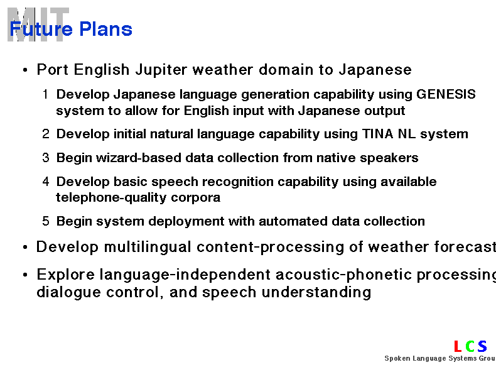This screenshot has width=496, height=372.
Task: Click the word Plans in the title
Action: pos(105,29)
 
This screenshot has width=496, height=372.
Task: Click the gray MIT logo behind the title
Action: pos(38,25)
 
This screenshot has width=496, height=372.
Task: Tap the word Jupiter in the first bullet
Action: pos(161,70)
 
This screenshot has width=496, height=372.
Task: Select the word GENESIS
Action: pos(446,94)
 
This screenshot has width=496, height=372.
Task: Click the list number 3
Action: pos(46,158)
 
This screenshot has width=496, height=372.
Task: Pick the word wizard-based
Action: pos(139,158)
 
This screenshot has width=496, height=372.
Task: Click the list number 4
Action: pos(46,182)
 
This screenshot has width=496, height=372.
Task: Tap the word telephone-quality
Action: pos(111,197)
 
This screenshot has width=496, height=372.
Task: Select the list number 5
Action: pos(46,221)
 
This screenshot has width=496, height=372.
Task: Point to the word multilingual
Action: pos(148,247)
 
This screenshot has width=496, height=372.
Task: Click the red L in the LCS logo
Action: pos(458,346)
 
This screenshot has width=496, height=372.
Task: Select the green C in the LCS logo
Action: pos(470,346)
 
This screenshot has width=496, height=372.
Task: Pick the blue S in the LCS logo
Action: pos(482,346)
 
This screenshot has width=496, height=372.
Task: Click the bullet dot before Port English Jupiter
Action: pos(25,70)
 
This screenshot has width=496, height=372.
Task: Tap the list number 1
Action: pos(46,94)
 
